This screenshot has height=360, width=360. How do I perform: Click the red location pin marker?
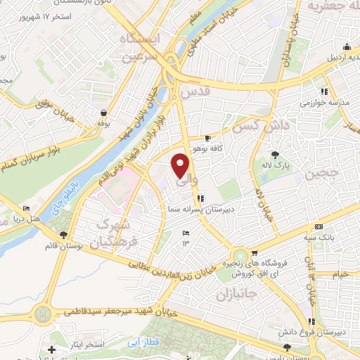(181, 165)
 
